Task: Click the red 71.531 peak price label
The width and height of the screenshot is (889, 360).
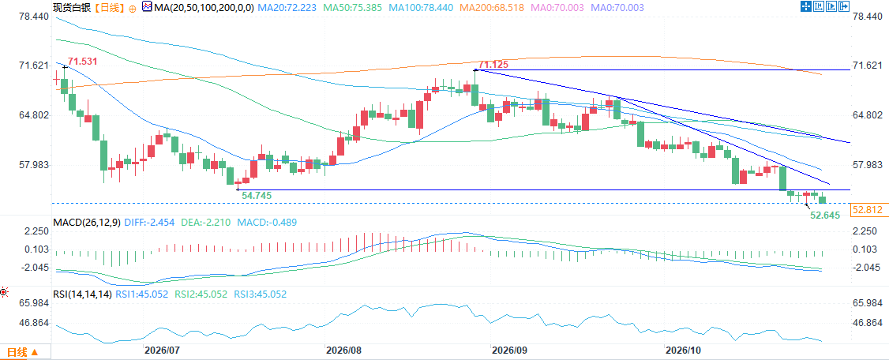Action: (82, 61)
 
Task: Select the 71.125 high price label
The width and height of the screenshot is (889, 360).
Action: (493, 66)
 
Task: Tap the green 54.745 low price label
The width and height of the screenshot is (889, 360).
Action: (257, 195)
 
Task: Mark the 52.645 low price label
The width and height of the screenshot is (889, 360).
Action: (824, 216)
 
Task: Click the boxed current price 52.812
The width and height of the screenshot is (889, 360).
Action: (867, 210)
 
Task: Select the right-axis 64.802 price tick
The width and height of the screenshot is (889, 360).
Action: (868, 115)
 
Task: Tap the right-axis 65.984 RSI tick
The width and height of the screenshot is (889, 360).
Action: (868, 303)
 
